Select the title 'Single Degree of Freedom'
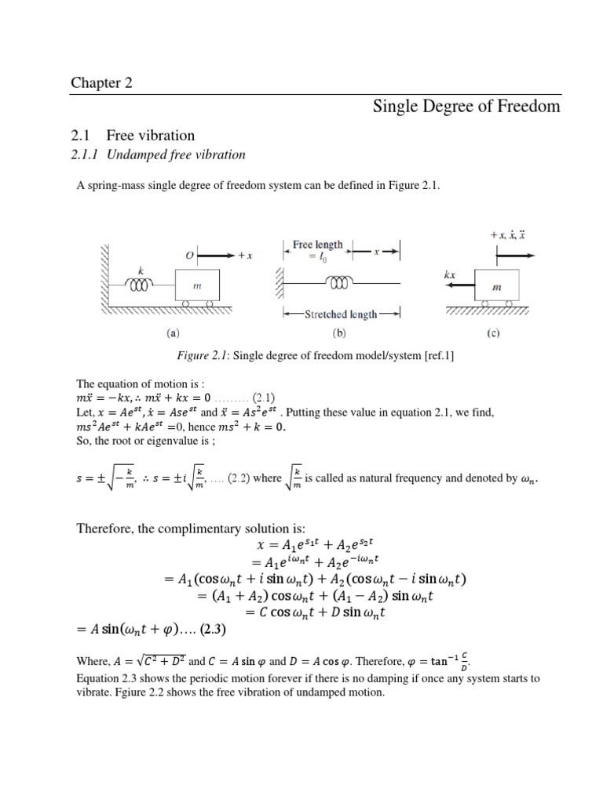tap(466, 107)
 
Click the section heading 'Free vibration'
tap(156, 136)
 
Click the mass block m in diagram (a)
tap(197, 287)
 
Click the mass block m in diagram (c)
tap(496, 286)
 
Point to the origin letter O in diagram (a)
tap(189, 255)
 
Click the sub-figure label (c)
tap(492, 332)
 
